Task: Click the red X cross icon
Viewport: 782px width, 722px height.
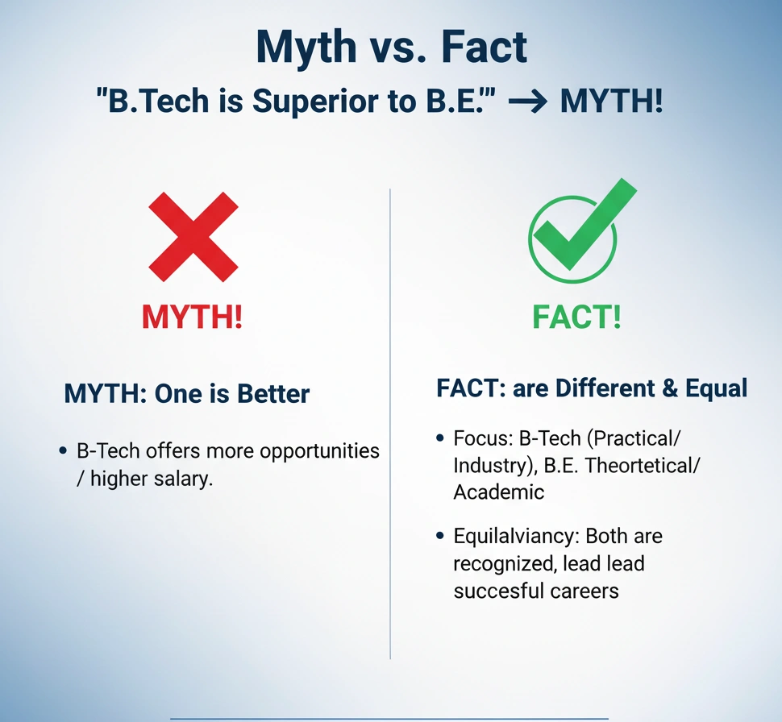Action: click(193, 237)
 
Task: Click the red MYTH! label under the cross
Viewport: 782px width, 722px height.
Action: click(192, 317)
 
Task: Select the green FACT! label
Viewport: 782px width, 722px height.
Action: click(576, 317)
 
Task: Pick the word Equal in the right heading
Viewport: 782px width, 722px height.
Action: click(717, 388)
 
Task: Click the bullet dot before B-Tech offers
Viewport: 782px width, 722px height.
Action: click(64, 450)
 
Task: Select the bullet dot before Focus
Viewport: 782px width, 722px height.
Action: click(440, 438)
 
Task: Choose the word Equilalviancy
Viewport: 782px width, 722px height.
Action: click(517, 536)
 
